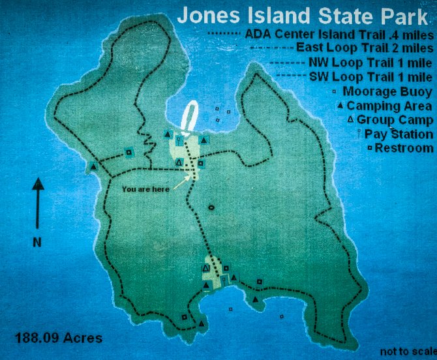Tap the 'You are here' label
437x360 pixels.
(145, 188)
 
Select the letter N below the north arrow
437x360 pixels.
(37, 242)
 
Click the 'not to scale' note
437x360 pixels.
(408, 352)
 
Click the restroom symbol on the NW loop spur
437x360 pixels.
(128, 153)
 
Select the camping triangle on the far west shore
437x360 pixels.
(94, 167)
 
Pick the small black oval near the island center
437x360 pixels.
(211, 208)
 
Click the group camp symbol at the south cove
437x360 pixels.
(206, 268)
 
